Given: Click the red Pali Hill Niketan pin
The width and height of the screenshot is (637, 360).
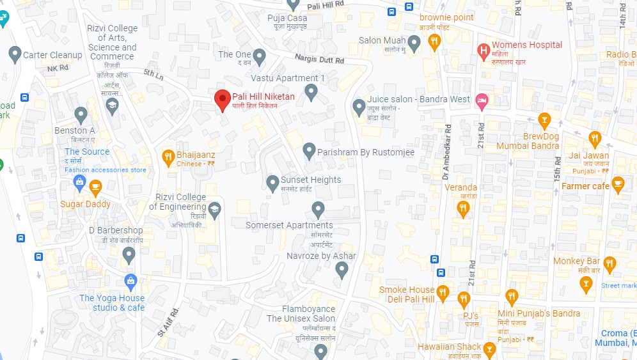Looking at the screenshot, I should point(222,100).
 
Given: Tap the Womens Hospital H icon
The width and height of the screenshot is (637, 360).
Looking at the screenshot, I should point(484,49).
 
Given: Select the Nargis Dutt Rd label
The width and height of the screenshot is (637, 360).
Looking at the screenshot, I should point(320,59).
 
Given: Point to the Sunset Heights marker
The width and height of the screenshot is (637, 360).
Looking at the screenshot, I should point(272,182).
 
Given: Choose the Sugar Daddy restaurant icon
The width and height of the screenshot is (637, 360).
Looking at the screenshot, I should point(95,187).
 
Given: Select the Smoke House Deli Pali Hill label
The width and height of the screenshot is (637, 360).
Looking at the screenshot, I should point(407,294).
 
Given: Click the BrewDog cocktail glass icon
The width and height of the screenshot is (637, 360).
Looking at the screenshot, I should point(544,120).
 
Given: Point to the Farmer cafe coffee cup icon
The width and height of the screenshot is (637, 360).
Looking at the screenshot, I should point(618,184).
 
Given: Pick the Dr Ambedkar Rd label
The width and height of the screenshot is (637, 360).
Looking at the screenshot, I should point(445,151).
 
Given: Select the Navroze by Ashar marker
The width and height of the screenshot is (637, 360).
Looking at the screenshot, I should point(342,269).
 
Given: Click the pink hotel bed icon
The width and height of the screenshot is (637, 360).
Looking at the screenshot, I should point(482,100).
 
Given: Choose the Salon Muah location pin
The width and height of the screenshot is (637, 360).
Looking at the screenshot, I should point(414,43).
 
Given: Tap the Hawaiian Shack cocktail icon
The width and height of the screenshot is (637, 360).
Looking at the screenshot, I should point(489,349).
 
